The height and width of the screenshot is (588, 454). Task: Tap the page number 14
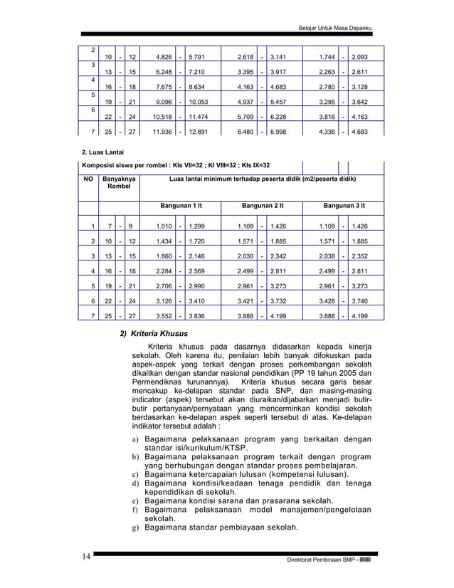click(x=85, y=557)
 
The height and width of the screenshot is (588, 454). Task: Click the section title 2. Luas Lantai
click(x=104, y=152)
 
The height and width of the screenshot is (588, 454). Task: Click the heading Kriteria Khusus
click(x=162, y=333)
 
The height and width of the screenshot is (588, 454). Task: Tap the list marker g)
click(x=134, y=528)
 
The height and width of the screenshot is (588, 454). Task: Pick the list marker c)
click(x=134, y=475)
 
